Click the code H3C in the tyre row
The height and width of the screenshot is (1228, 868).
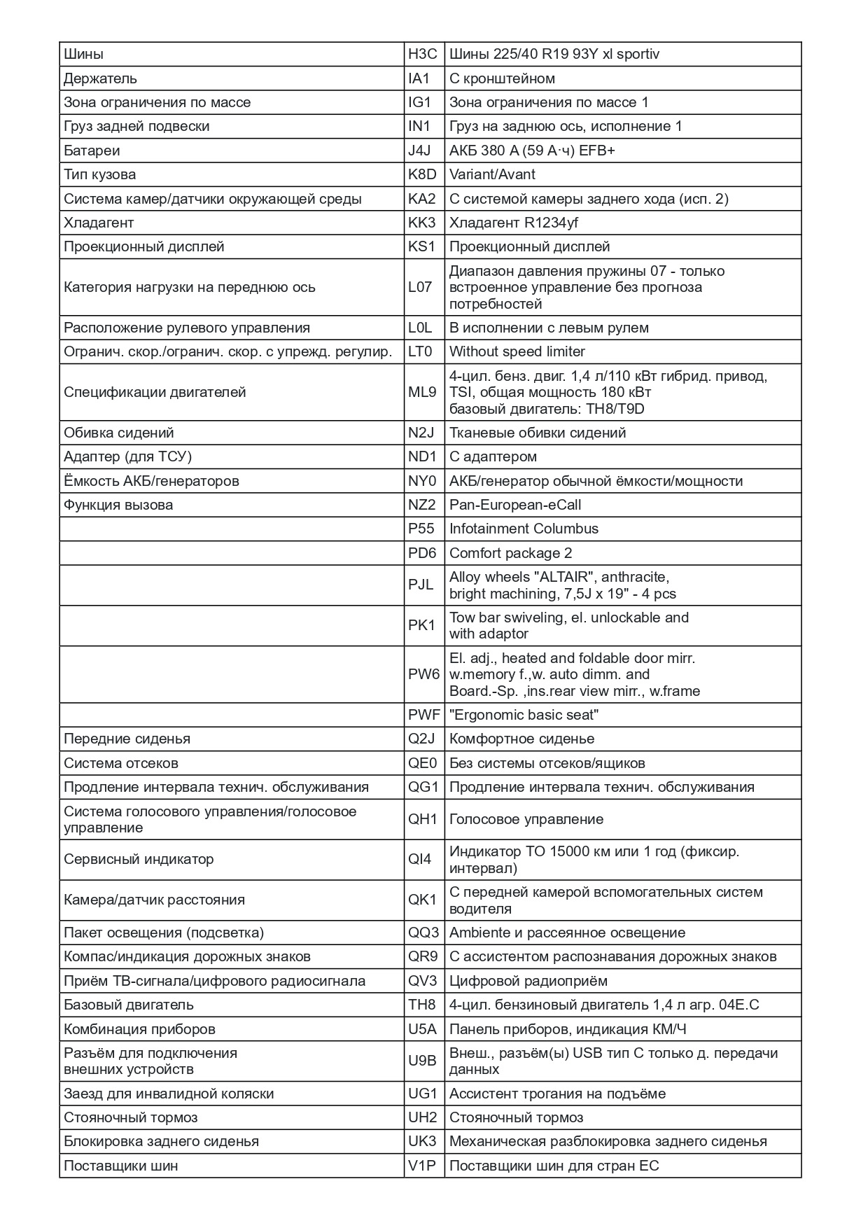422,54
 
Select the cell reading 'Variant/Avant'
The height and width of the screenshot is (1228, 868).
492,174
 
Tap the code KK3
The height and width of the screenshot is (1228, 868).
422,223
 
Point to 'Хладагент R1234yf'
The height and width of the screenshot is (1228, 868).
513,223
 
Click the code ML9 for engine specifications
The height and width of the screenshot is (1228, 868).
422,392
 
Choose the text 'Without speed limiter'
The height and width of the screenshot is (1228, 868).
517,351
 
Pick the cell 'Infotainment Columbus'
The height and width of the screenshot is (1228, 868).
524,529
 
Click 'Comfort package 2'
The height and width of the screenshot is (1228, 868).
510,553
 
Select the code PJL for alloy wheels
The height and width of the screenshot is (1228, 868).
421,585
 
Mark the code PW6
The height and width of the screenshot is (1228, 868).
423,674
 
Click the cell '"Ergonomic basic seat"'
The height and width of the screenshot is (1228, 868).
524,715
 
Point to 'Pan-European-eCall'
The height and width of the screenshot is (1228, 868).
514,505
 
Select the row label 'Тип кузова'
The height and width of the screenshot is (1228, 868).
99,174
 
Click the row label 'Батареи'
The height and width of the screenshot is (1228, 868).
92,151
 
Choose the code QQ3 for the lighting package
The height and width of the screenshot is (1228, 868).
423,933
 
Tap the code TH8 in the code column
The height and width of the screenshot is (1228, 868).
422,1005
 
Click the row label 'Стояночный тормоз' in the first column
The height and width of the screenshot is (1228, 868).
130,1117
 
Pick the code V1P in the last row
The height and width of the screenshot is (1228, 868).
422,1166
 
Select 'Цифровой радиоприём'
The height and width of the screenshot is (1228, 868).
528,981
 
